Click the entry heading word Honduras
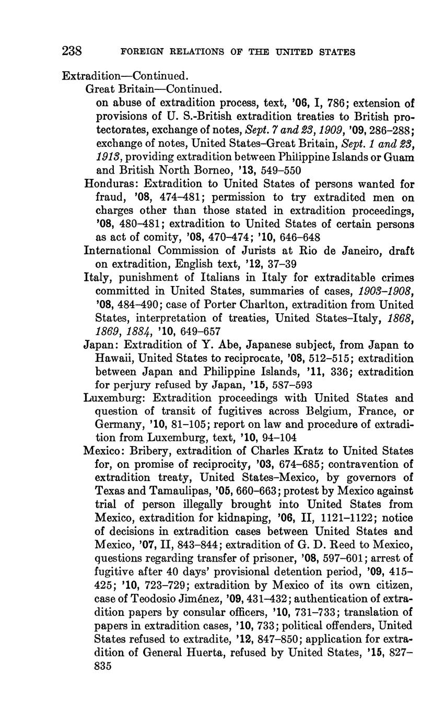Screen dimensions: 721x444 (111, 184)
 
